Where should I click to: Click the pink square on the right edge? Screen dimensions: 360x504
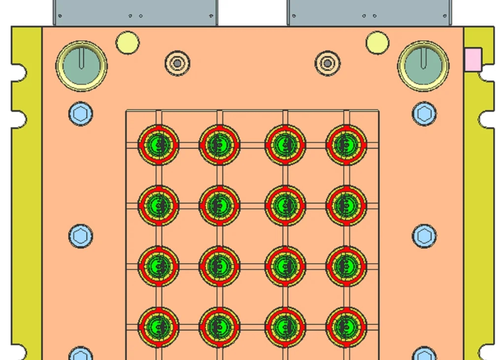[x=473, y=59]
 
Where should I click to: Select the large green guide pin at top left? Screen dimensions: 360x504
[x=81, y=65]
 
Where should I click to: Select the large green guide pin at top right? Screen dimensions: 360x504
[x=423, y=65]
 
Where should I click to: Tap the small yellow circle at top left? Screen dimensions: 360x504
[x=127, y=42]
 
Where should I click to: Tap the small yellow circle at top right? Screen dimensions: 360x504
[x=378, y=42]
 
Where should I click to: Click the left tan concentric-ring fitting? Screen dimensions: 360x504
[x=177, y=63]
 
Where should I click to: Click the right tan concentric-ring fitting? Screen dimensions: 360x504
[x=327, y=63]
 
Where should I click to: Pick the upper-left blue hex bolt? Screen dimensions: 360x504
[x=80, y=114]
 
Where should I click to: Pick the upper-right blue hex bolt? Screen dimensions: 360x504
[x=424, y=114]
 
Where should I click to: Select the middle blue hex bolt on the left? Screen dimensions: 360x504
[x=80, y=236]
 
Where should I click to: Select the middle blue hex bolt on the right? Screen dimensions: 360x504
[x=424, y=236]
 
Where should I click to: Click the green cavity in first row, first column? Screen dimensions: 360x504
[x=158, y=145]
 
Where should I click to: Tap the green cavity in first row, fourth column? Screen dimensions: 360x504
[x=346, y=145]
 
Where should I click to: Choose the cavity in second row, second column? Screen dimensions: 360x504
[x=220, y=205]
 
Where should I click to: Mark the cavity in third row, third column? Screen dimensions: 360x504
[x=285, y=266]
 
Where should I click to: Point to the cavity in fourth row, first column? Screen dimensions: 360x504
[x=158, y=327]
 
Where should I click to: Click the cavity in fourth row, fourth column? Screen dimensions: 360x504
[x=346, y=327]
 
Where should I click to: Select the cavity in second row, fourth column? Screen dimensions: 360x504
[x=346, y=205]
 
